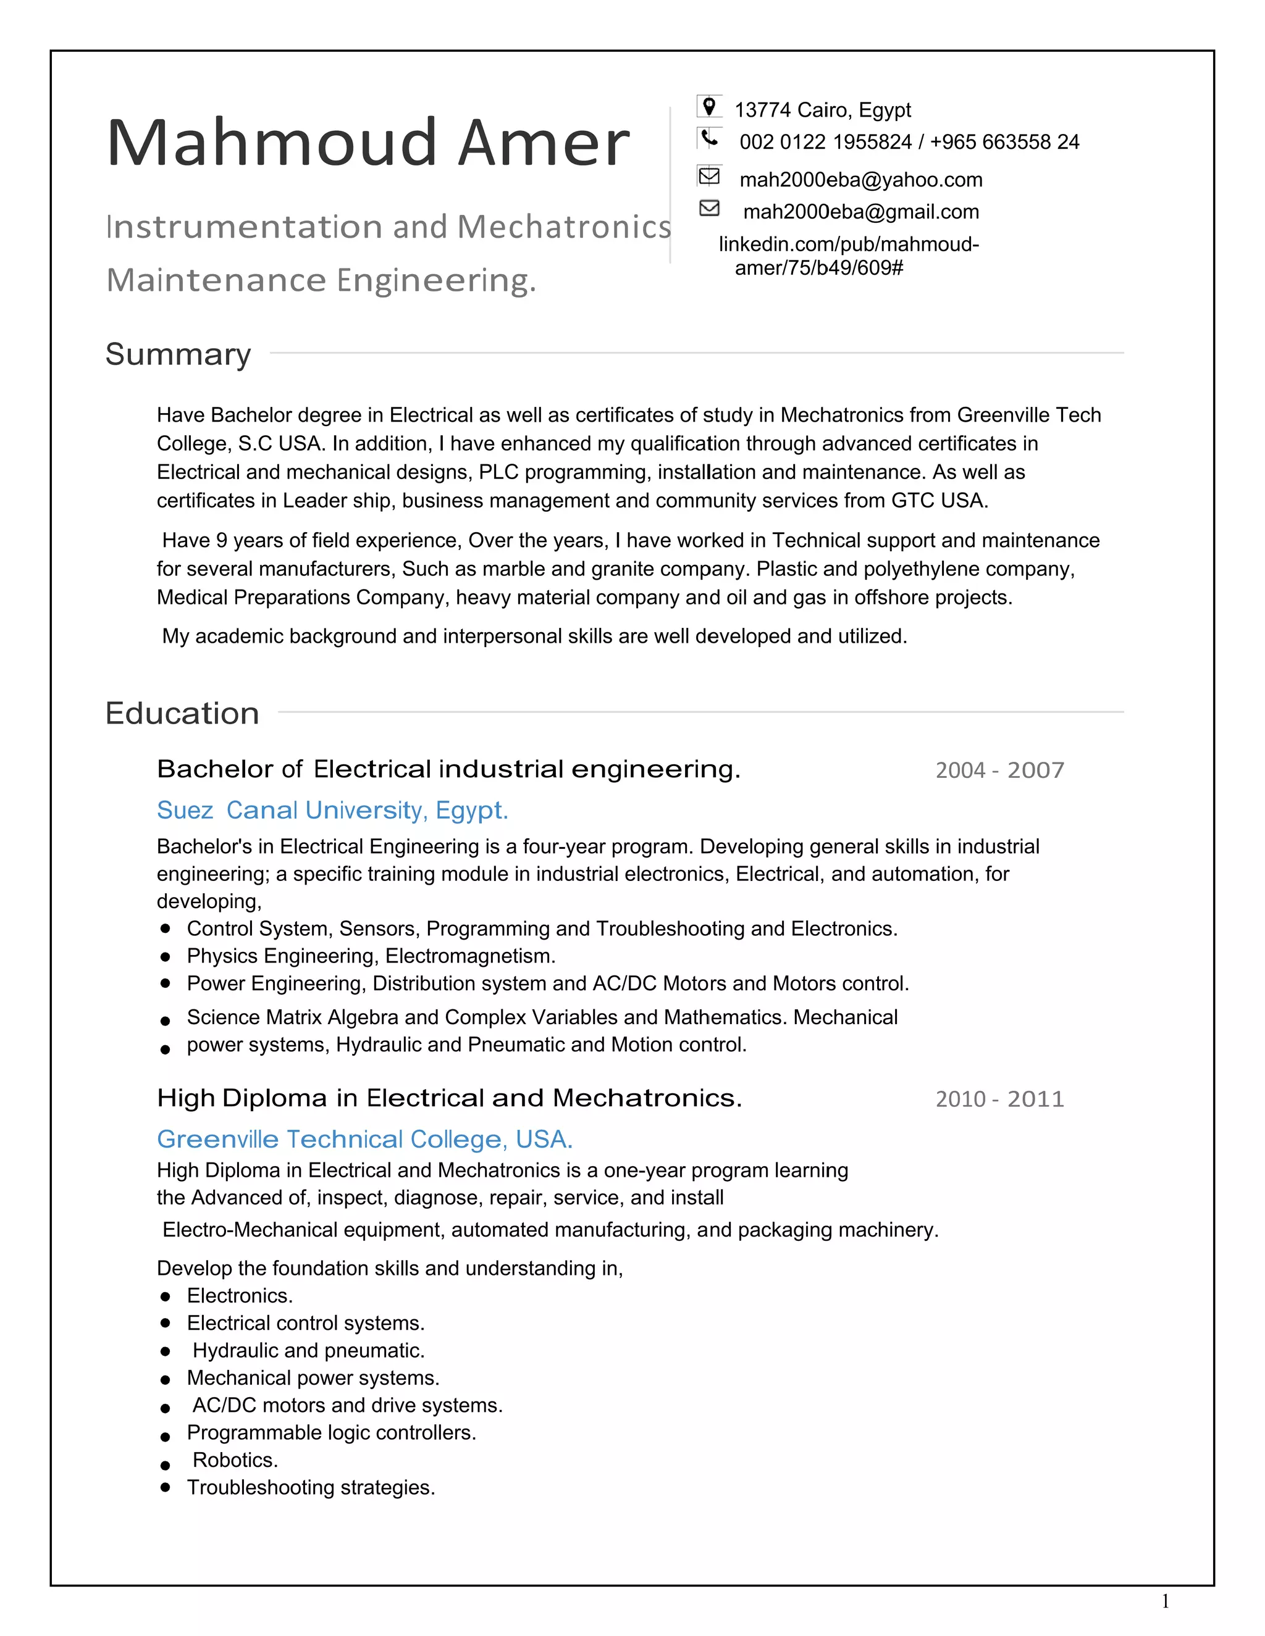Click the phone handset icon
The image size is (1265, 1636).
(x=709, y=138)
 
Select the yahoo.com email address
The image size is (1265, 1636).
(x=860, y=180)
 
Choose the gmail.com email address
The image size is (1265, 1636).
(x=860, y=212)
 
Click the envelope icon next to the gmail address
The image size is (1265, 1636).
(x=709, y=208)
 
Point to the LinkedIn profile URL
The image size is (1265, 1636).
(x=848, y=256)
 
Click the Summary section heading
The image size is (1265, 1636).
(x=179, y=354)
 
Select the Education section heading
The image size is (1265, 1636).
(x=182, y=713)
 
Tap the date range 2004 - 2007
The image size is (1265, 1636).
(x=999, y=770)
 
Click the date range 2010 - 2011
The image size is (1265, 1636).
(x=999, y=1099)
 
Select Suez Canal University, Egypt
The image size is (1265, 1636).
(x=332, y=810)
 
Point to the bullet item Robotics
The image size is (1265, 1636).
(x=235, y=1460)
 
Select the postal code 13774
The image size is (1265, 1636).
(x=762, y=110)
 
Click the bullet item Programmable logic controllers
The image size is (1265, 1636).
(x=331, y=1432)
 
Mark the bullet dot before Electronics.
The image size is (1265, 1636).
(x=166, y=1296)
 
